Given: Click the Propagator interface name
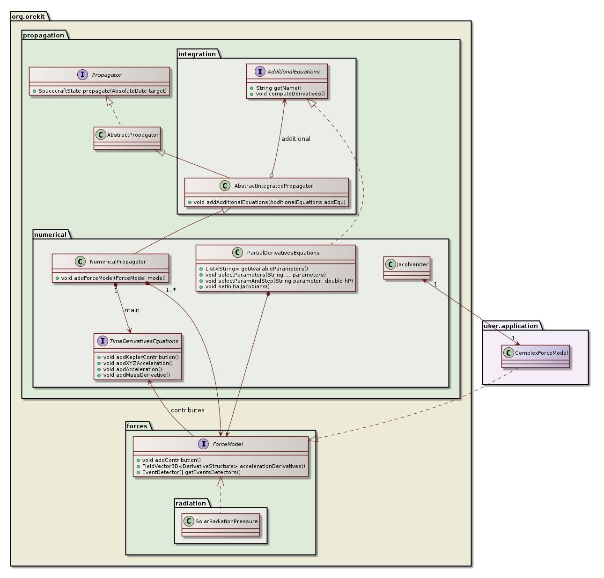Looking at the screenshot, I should (x=107, y=75).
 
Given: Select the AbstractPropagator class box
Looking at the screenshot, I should (x=127, y=138).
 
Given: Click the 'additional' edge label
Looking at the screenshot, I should (x=295, y=139).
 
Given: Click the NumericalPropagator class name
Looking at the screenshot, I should (x=118, y=262).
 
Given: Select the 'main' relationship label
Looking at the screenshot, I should (x=132, y=310).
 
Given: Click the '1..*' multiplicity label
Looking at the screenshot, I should (x=170, y=290).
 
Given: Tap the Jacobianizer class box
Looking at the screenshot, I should (x=406, y=268).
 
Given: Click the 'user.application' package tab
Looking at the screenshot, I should (x=510, y=326).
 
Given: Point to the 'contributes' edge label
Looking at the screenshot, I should (x=187, y=410).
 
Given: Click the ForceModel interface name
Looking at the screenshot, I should (x=228, y=444).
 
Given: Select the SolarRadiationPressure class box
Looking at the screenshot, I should (x=220, y=525).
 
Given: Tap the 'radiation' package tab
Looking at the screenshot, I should (x=191, y=503).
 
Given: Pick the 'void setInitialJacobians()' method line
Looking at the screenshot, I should (x=237, y=286).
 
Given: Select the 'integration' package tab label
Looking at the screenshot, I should (x=197, y=54).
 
